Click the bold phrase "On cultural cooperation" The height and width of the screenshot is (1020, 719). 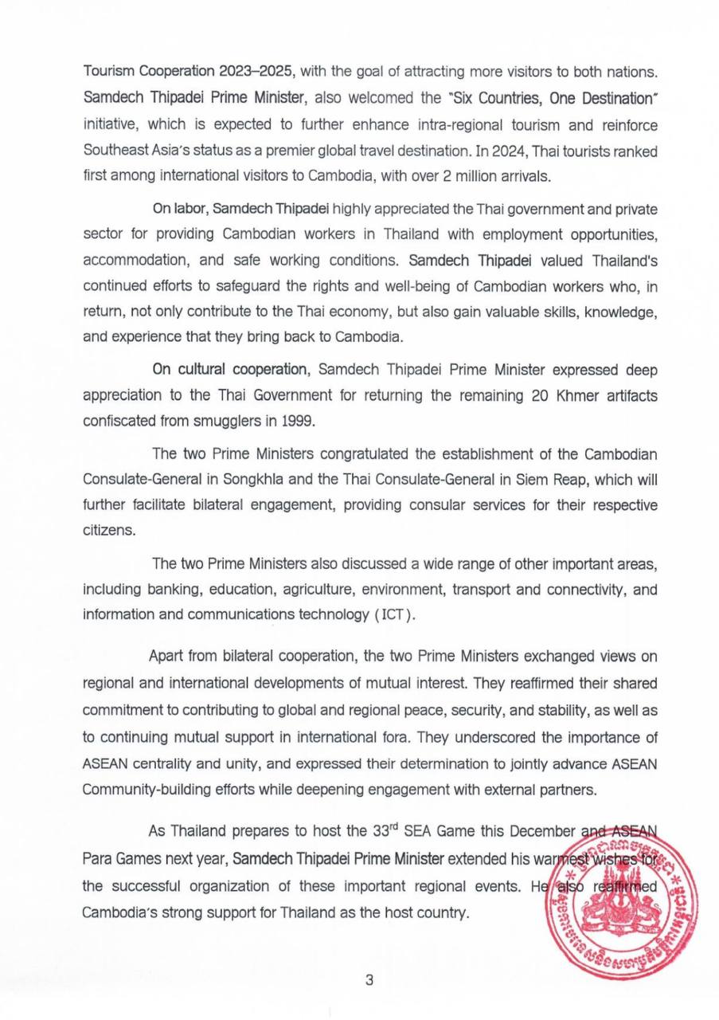click(230, 370)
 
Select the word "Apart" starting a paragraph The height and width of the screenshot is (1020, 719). click(166, 657)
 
